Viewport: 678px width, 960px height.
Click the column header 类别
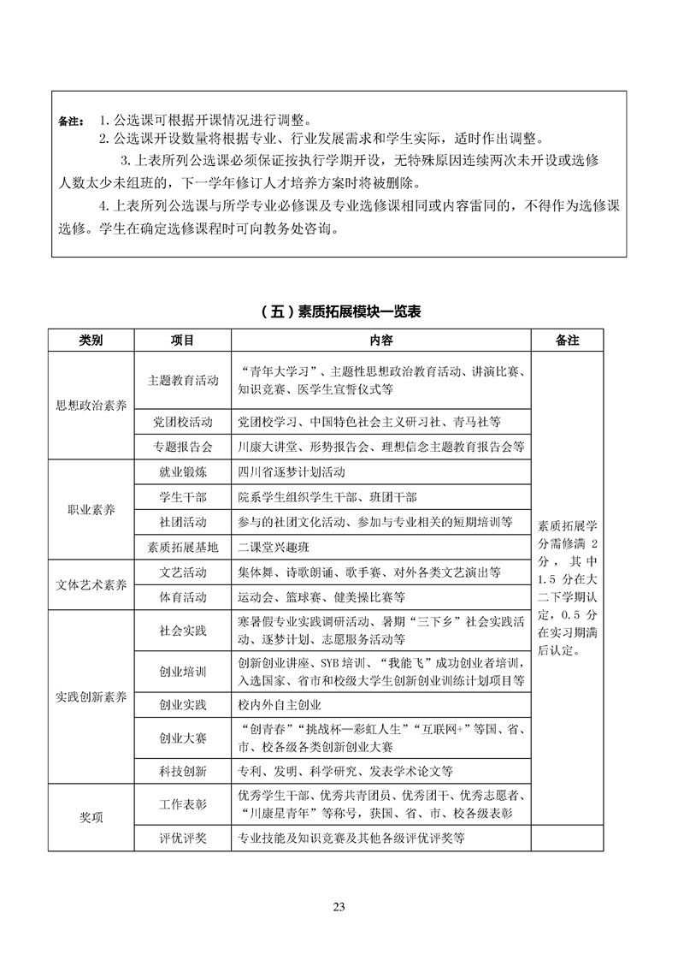91,340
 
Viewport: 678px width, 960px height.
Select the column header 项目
182,340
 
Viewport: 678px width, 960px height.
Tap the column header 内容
380,340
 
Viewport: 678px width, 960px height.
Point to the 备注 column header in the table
567,340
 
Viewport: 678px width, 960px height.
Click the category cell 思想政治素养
91,405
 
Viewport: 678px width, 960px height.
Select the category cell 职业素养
91,509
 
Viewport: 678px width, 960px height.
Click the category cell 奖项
91,817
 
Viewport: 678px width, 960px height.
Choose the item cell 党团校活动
182,422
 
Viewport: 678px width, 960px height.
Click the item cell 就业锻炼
182,472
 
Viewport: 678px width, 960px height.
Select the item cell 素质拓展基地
182,547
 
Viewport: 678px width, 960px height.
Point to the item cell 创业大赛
182,738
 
